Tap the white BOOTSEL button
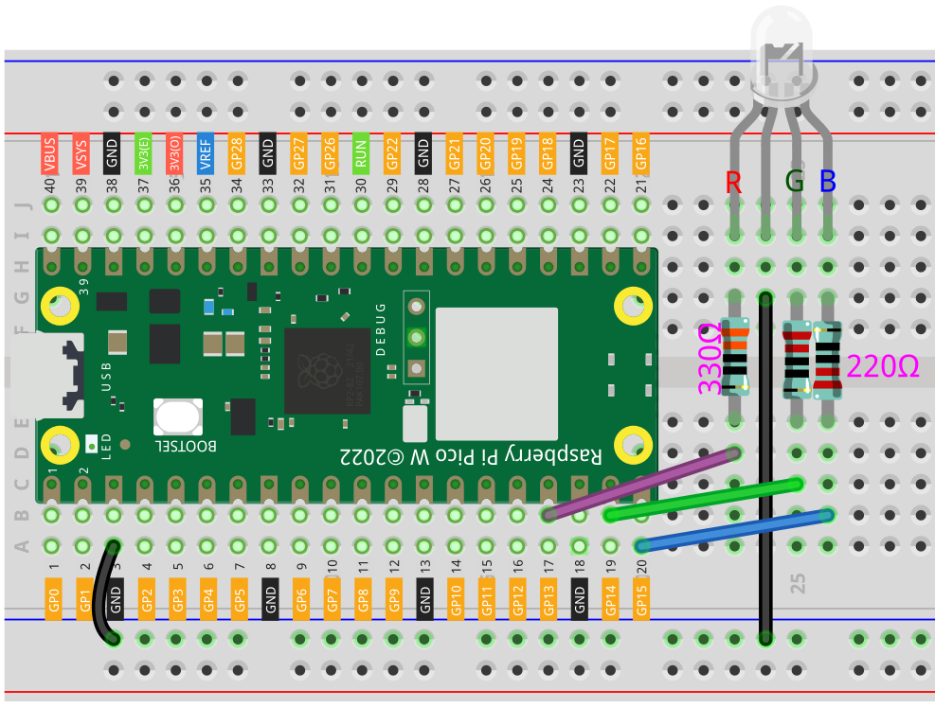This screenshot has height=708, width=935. pyautogui.click(x=178, y=417)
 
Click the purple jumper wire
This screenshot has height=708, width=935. pyautogui.click(x=640, y=484)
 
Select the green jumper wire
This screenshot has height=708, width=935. pyautogui.click(x=701, y=500)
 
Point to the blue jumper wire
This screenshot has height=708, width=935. pyautogui.click(x=734, y=530)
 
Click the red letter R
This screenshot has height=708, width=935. pyautogui.click(x=733, y=182)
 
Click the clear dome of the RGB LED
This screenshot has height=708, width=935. pyautogui.click(x=782, y=52)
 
